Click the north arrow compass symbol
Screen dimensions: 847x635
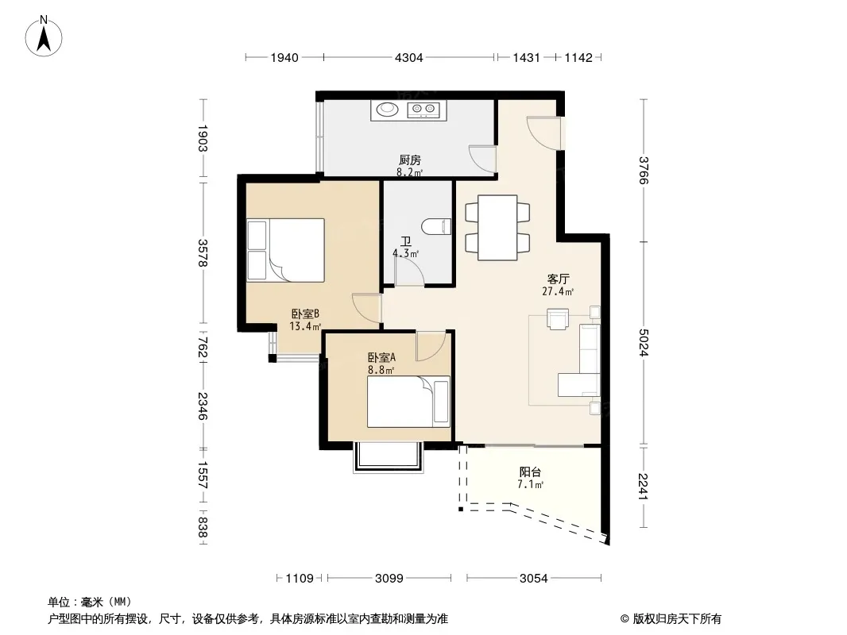[44, 37]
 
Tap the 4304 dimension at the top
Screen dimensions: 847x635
[409, 57]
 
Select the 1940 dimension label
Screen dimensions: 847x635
[284, 57]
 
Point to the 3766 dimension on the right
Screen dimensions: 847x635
[643, 170]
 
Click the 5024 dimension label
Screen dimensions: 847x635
[643, 343]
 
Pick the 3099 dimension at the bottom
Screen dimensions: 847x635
[389, 579]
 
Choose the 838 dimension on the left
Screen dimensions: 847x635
[202, 527]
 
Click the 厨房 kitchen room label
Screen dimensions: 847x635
[409, 160]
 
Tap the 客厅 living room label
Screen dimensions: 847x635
[558, 279]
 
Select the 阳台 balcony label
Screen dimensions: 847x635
[530, 472]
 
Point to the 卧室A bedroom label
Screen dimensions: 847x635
[382, 357]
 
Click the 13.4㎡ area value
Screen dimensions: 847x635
[305, 326]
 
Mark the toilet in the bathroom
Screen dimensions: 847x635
[438, 226]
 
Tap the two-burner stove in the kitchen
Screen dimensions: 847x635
[424, 110]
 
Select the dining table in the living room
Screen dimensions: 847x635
[497, 228]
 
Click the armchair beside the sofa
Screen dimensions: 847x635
[558, 318]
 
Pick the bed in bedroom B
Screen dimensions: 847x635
[286, 250]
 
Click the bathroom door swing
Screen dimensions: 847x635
[409, 271]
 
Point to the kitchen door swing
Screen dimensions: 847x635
[482, 160]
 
